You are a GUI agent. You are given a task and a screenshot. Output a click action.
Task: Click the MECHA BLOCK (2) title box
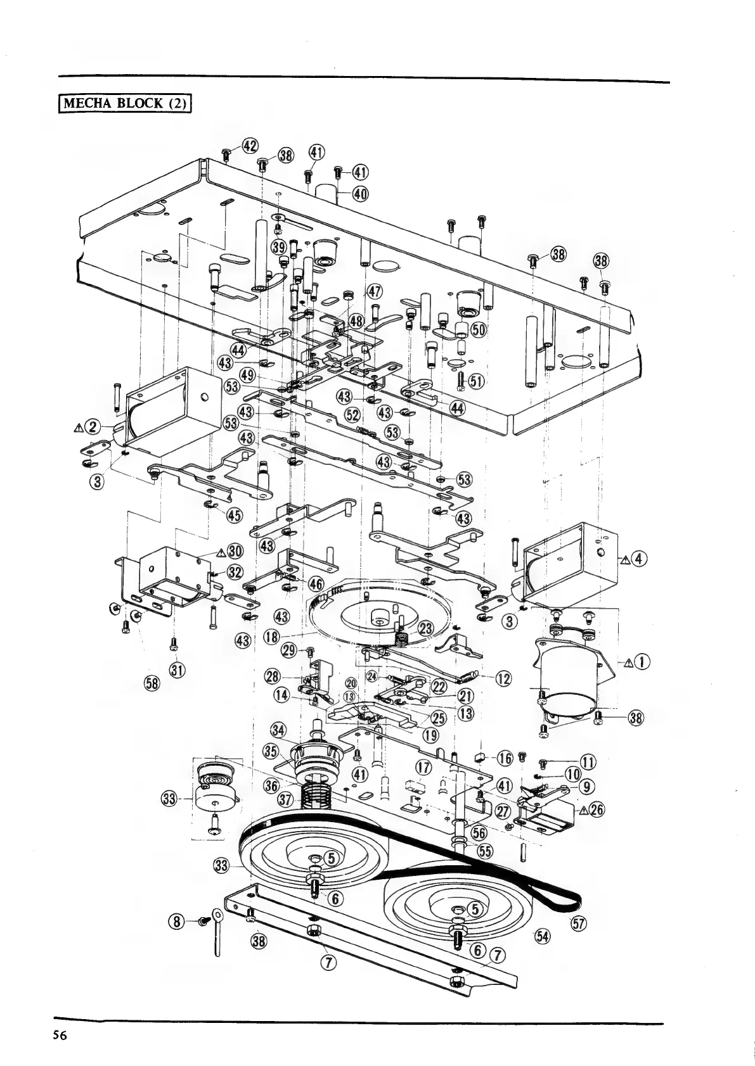[125, 103]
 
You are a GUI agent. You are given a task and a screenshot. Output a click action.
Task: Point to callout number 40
[359, 194]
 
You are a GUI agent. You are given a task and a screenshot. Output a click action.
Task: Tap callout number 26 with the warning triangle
[593, 811]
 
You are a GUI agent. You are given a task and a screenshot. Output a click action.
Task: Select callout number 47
[375, 291]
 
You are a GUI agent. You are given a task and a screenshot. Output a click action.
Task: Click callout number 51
[475, 381]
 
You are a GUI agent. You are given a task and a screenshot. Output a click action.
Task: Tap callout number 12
[503, 679]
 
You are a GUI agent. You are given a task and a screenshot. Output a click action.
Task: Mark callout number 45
[234, 515]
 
